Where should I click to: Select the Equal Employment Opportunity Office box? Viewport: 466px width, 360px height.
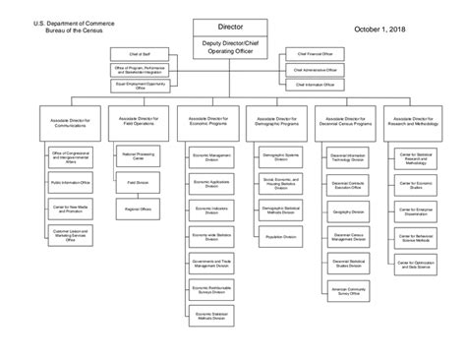[x=146, y=86]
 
